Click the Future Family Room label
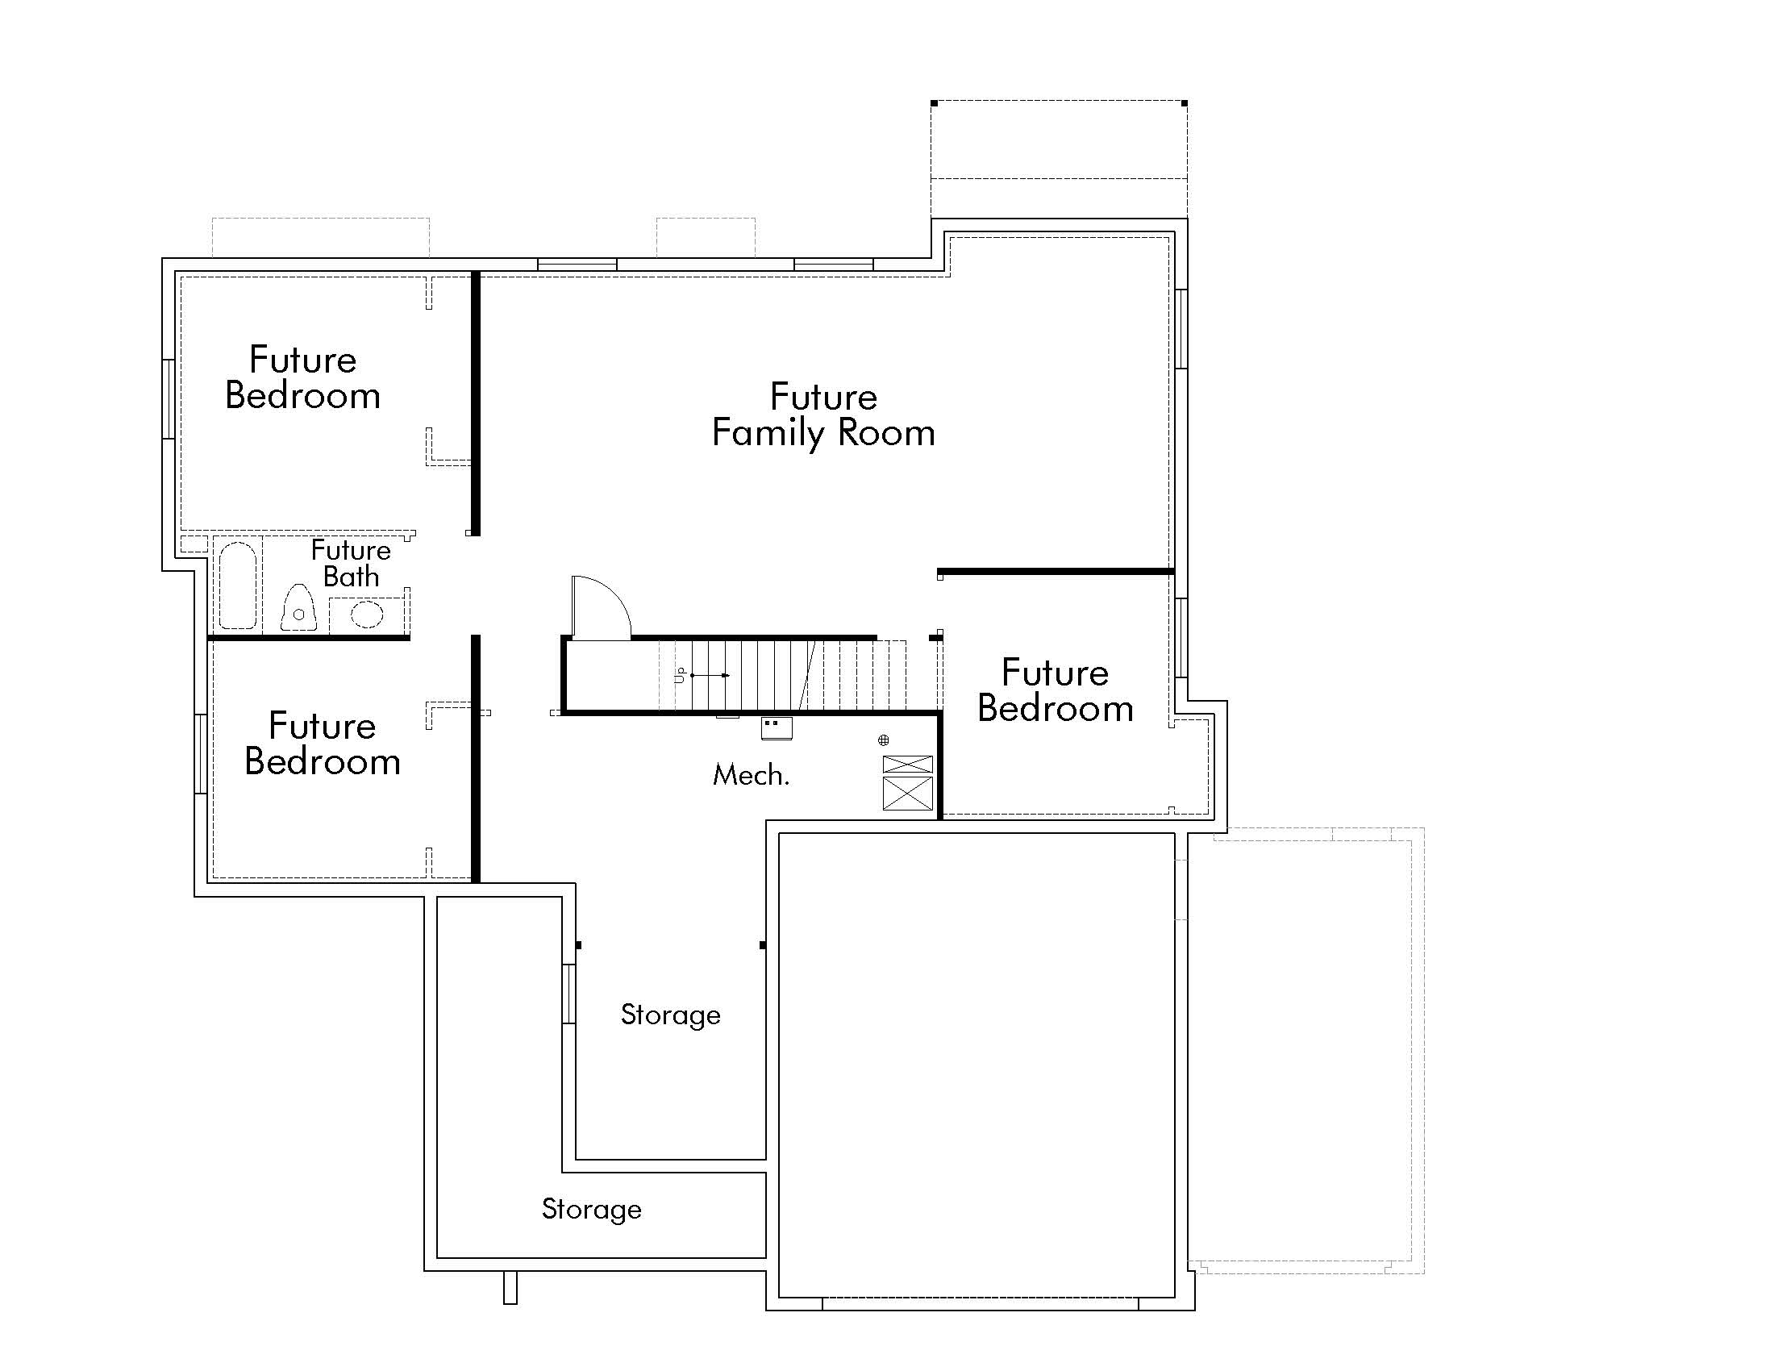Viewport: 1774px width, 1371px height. click(822, 415)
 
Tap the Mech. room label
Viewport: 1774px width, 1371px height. click(751, 776)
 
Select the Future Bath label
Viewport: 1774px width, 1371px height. click(351, 563)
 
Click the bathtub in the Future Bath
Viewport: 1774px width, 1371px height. click(237, 585)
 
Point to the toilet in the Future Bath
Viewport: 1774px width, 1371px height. click(298, 607)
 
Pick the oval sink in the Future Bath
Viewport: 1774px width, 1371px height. click(366, 614)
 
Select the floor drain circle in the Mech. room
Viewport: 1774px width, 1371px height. click(884, 740)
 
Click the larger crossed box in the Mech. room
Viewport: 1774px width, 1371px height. click(907, 793)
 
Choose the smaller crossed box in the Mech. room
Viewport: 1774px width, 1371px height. click(907, 765)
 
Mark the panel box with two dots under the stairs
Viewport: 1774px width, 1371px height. click(777, 727)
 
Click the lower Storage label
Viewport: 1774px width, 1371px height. click(591, 1210)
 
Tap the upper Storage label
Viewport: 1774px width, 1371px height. click(670, 1015)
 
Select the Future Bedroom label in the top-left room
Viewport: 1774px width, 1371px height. click(303, 377)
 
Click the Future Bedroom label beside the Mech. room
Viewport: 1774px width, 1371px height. click(1055, 690)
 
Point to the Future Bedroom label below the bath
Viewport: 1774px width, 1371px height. click(323, 744)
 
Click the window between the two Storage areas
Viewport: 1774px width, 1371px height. click(569, 994)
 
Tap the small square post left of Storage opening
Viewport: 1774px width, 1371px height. click(578, 945)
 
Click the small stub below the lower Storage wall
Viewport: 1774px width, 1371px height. click(510, 1287)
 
